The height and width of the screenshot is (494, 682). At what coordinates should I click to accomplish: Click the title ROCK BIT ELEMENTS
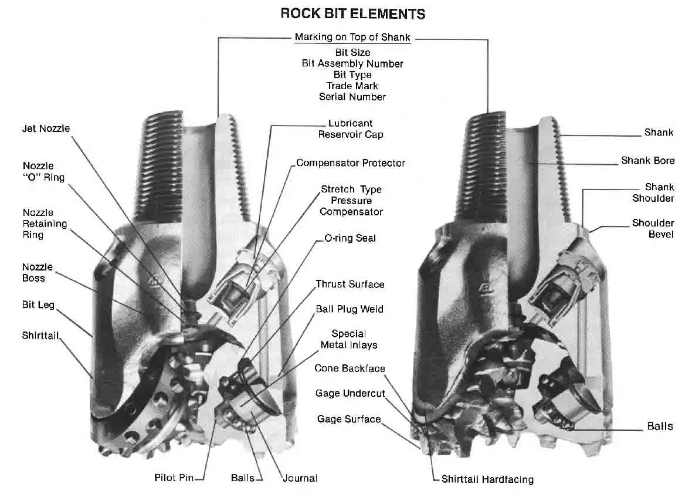(x=352, y=13)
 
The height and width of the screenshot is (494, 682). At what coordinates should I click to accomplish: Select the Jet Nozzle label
(x=46, y=128)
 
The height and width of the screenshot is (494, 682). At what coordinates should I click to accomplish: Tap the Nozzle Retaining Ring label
(x=45, y=224)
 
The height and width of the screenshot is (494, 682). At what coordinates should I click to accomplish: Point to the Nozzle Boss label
(x=38, y=272)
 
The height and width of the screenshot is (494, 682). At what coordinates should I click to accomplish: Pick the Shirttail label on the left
(x=40, y=336)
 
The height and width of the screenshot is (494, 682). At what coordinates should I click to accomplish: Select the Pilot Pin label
(x=174, y=478)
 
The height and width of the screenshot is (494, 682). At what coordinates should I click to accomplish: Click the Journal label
(x=300, y=478)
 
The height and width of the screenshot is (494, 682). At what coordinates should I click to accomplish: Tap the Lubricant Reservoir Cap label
(x=351, y=129)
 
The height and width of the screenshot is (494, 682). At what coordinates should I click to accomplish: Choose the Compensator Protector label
(x=351, y=163)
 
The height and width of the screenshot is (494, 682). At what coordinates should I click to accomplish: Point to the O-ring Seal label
(x=350, y=238)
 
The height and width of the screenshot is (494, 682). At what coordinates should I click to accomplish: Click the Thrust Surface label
(x=350, y=284)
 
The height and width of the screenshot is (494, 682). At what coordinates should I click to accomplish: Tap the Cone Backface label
(x=350, y=368)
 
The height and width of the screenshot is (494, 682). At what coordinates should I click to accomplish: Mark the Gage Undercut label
(x=350, y=393)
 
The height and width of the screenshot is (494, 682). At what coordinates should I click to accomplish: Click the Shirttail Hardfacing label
(x=487, y=479)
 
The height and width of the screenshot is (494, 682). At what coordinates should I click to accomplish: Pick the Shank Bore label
(x=647, y=160)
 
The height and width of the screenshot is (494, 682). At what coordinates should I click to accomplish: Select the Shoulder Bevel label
(x=653, y=229)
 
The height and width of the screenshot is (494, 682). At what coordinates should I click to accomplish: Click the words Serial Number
(x=352, y=97)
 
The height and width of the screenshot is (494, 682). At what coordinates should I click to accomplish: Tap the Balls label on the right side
(x=660, y=426)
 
